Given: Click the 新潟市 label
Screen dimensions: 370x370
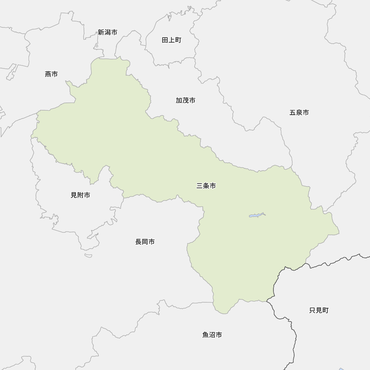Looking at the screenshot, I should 108,33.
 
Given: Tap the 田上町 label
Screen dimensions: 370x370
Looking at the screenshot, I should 172,40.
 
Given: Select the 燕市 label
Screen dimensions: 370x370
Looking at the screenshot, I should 51,74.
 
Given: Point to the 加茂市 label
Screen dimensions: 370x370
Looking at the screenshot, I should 185,101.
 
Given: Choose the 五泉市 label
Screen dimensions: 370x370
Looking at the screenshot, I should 299,113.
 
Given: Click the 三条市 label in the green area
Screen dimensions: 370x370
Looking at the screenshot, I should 206,186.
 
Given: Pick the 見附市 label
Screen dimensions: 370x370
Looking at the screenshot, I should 80,195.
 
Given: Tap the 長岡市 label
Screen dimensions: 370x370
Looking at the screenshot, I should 145,242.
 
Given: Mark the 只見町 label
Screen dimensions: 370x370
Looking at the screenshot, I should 319,310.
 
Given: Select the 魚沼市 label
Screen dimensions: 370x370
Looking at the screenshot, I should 212,335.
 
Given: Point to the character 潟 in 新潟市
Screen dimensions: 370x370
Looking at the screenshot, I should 108,33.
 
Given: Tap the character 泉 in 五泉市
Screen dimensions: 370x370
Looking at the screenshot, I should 299,113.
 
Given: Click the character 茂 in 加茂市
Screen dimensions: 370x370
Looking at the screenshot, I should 185,101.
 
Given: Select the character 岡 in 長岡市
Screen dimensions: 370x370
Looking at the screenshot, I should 145,242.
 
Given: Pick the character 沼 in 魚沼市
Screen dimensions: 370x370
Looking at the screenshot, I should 212,335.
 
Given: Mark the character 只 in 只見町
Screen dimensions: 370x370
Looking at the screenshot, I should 313,310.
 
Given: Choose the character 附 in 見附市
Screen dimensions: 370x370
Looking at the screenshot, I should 80,195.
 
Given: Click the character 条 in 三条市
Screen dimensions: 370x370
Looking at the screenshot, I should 206,186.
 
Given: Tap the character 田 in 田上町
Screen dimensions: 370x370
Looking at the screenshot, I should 165,40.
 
